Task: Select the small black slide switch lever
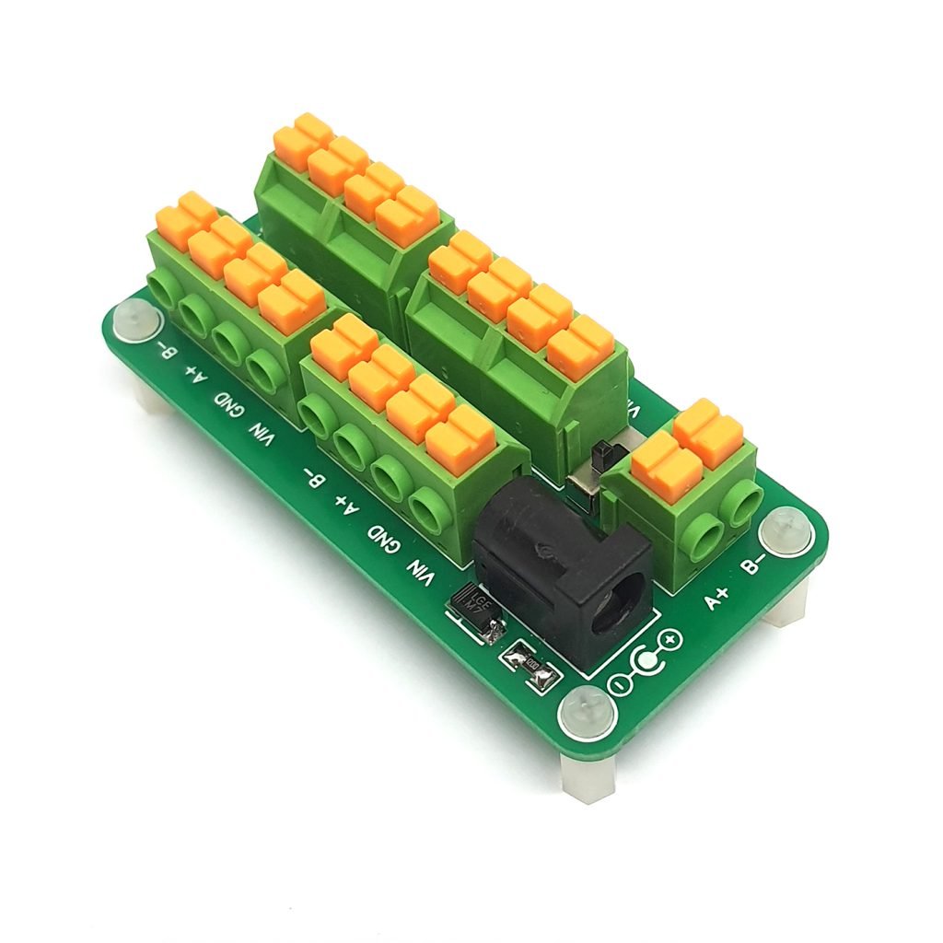pos(602,455)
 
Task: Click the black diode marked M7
pos(475,609)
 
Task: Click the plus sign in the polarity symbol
pos(670,638)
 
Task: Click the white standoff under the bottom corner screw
pos(586,775)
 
